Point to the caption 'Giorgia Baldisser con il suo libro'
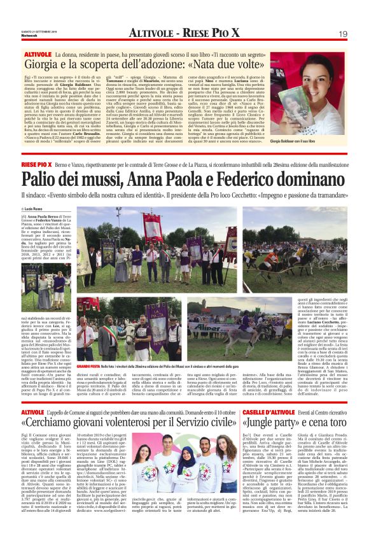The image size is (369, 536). coord(319,141)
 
